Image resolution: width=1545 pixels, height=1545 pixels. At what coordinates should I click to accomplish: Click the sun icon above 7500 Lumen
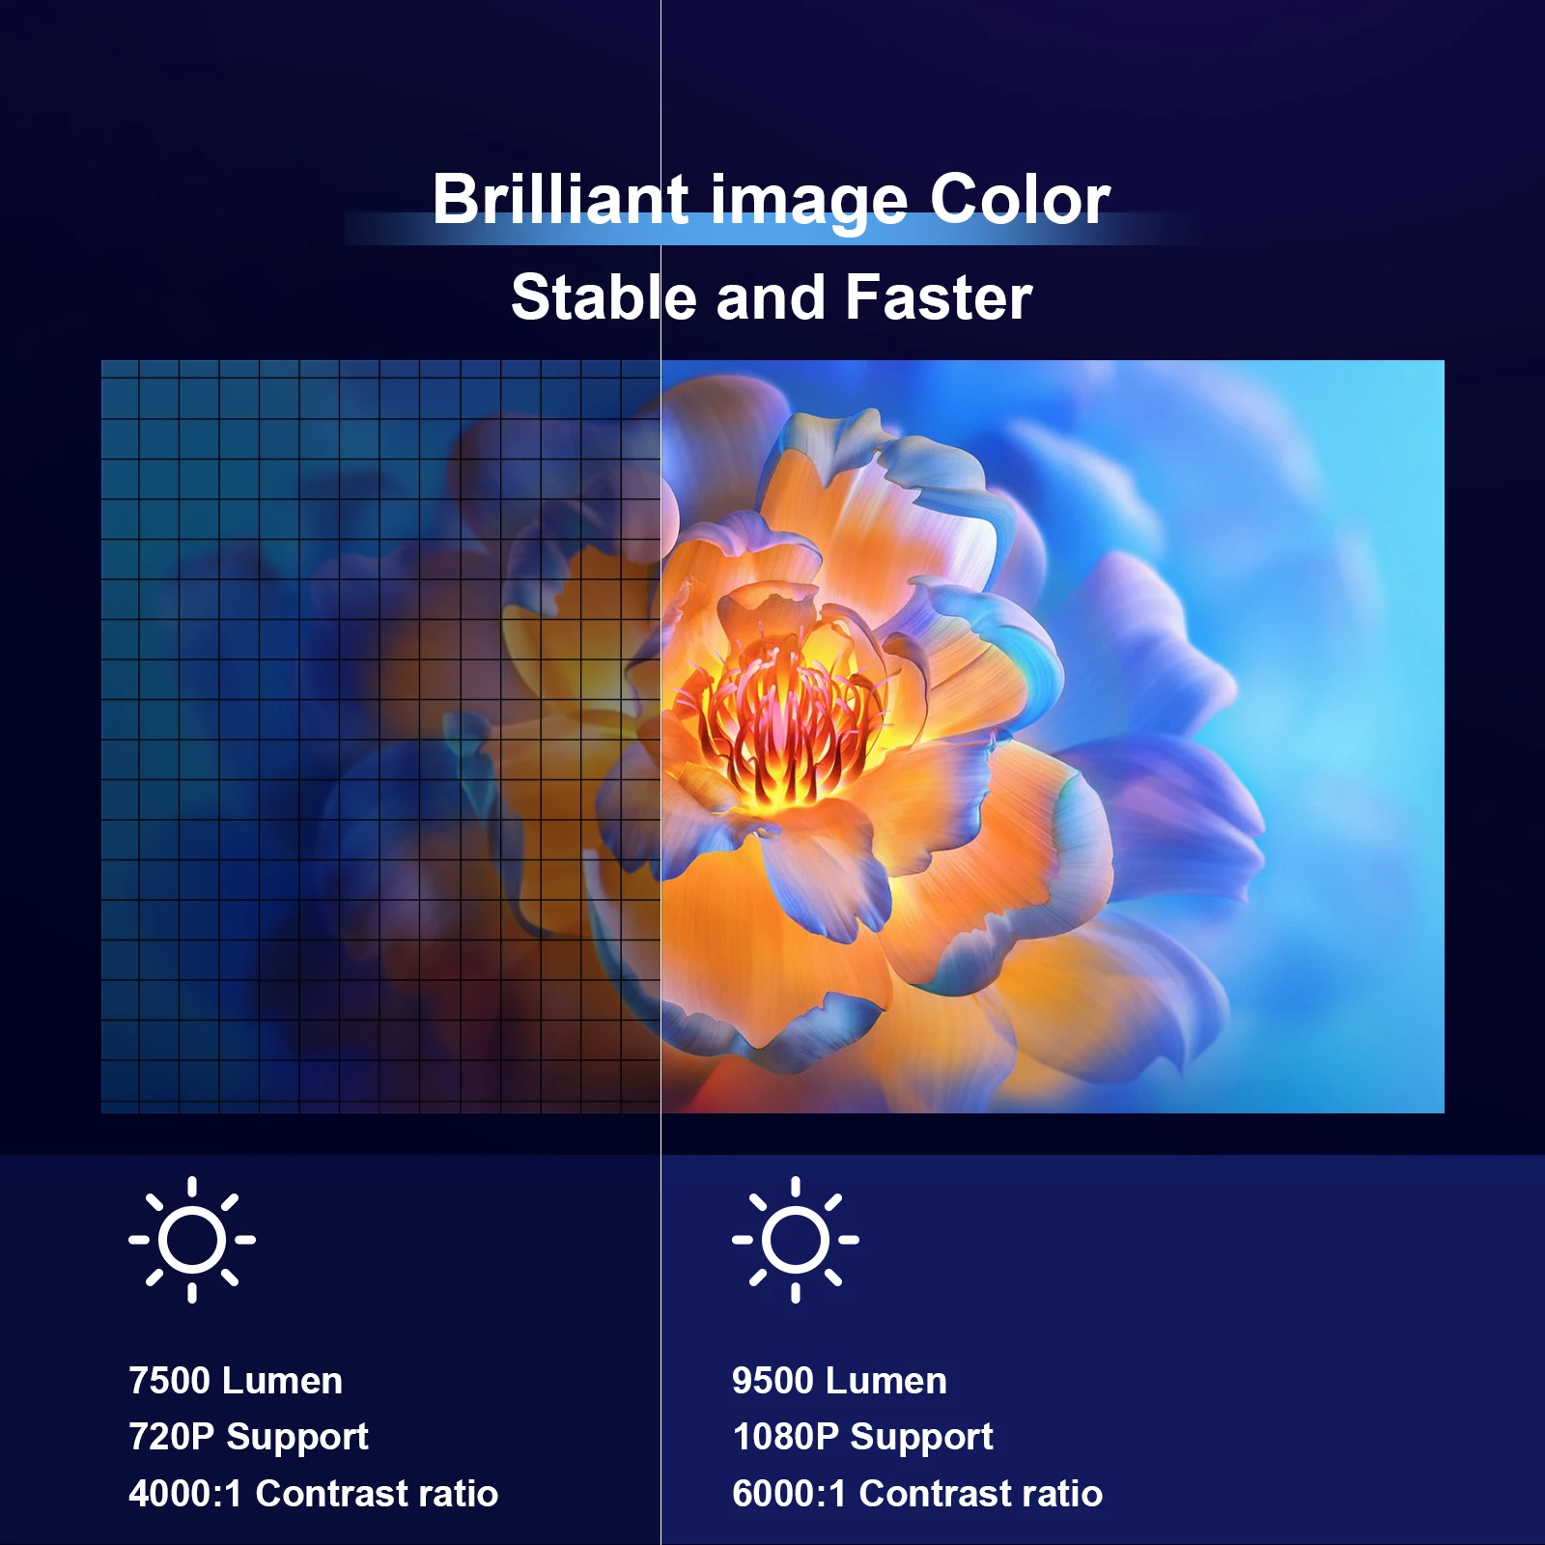pos(192,1239)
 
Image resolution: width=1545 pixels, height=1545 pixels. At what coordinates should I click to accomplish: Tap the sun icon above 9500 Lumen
pos(796,1239)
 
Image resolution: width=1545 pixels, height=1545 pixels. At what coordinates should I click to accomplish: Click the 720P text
pos(171,1437)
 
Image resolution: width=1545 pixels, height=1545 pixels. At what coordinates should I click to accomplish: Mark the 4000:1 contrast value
pos(184,1494)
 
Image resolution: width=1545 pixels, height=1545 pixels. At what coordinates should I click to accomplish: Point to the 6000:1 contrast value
pos(789,1494)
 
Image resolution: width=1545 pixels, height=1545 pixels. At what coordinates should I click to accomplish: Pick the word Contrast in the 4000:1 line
pos(332,1494)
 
